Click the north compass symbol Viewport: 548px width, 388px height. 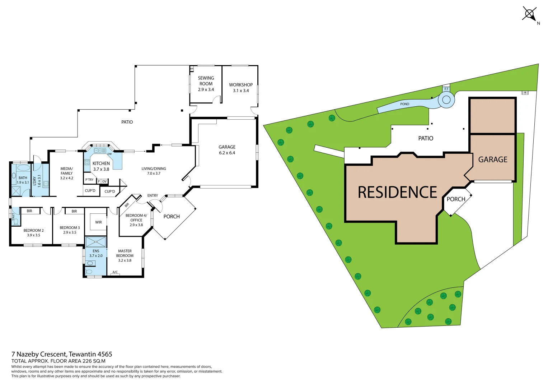[x=529, y=14]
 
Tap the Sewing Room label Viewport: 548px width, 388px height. [x=206, y=83]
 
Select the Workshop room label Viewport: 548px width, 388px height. [x=241, y=88]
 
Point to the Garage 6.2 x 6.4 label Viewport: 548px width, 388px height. [x=227, y=150]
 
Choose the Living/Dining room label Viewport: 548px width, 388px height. [x=154, y=171]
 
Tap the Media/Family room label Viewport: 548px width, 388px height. [x=66, y=173]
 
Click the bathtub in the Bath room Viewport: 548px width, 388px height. [x=23, y=168]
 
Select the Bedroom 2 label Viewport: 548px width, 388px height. [x=34, y=233]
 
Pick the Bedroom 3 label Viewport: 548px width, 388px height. [x=70, y=230]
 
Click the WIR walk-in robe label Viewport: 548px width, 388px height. [x=98, y=222]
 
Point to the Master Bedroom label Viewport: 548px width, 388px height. [x=125, y=256]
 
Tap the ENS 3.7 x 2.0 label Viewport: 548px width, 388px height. [x=96, y=254]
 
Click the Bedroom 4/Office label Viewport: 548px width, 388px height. [x=136, y=220]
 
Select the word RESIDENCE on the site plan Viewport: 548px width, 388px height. [x=397, y=193]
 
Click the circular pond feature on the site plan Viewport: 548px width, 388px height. [x=446, y=100]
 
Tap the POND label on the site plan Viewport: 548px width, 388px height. [x=404, y=104]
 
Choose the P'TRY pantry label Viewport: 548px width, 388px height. [x=89, y=180]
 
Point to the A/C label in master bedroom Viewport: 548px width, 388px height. [x=115, y=272]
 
